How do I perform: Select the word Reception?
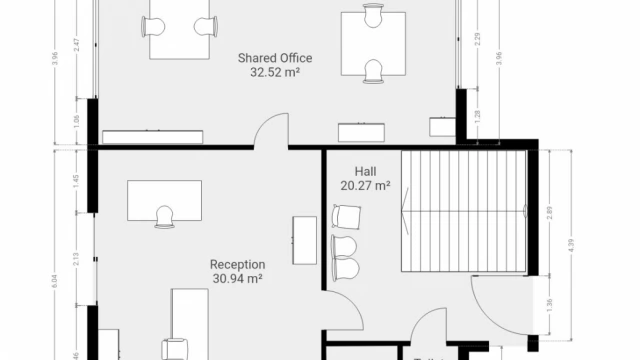[x=237, y=265]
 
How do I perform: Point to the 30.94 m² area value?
[x=237, y=279]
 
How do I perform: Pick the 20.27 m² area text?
[x=365, y=185]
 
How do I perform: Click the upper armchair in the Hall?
[x=346, y=217]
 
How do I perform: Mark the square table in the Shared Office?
[x=373, y=42]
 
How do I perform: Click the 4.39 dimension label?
[x=572, y=244]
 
